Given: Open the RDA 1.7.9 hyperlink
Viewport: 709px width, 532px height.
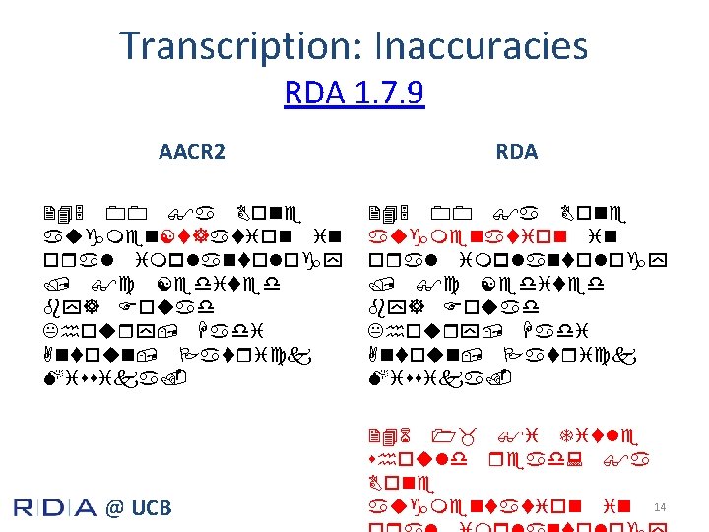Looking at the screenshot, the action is pos(354,94).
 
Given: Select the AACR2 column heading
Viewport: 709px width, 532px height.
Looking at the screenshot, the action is pos(192,152).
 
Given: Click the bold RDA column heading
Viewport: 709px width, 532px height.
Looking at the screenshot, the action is pos(516,152).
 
